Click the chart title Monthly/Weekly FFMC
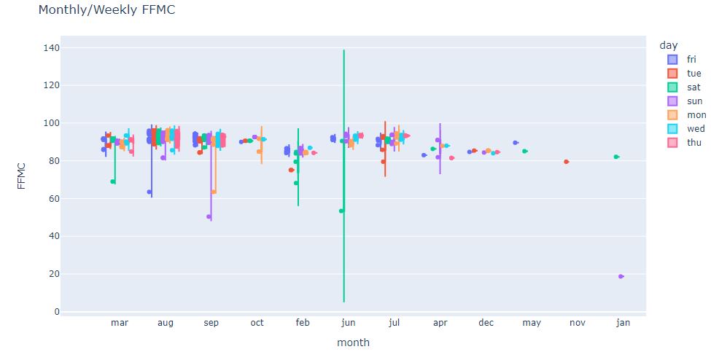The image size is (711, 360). coord(106,10)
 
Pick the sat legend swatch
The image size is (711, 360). coord(673,87)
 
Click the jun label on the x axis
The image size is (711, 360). coord(348,322)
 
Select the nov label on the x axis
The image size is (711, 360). coord(577,322)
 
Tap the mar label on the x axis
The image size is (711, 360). coord(119,322)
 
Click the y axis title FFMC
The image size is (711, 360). coord(22,179)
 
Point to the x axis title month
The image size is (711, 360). coord(353,343)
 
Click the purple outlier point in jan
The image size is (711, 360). coord(621,276)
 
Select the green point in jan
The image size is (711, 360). coord(616,157)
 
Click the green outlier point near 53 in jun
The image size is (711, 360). coord(341,211)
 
